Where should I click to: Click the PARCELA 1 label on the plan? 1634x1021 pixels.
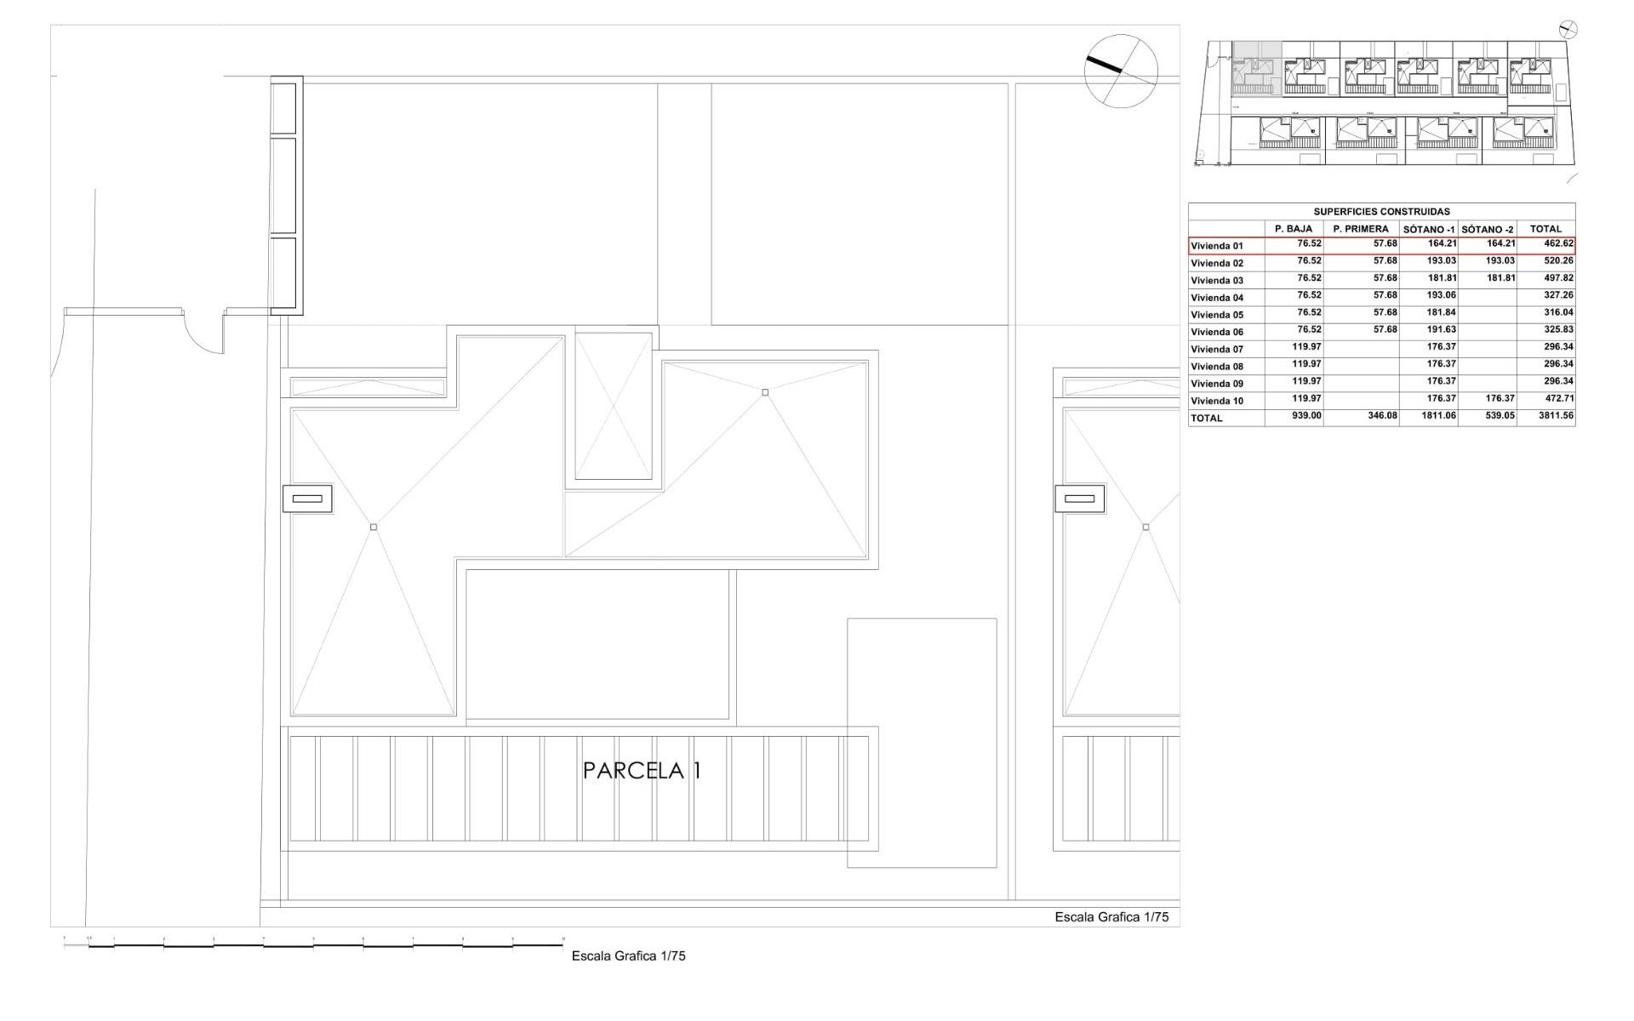pyautogui.click(x=642, y=771)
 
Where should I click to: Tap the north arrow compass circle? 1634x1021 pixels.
pyautogui.click(x=1121, y=71)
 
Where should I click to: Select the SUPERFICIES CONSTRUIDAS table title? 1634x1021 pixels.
pyautogui.click(x=1381, y=212)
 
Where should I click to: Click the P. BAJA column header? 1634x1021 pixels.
pyautogui.click(x=1294, y=229)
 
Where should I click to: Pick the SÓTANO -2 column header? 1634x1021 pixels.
pyautogui.click(x=1487, y=229)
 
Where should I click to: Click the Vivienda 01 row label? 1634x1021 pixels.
pyautogui.click(x=1217, y=246)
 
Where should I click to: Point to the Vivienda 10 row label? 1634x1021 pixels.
pyautogui.click(x=1217, y=401)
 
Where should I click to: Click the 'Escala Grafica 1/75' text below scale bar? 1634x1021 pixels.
pyautogui.click(x=628, y=955)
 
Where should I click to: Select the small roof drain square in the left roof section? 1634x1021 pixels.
pyautogui.click(x=374, y=528)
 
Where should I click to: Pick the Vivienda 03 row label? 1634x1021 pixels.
pyautogui.click(x=1217, y=281)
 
